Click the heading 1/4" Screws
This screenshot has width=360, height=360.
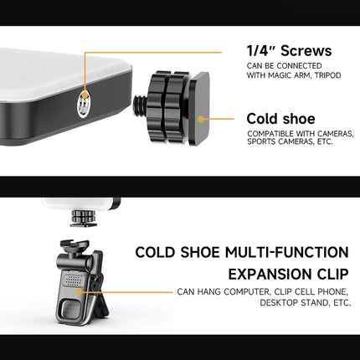tap(289, 51)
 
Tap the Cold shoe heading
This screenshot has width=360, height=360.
tap(280, 119)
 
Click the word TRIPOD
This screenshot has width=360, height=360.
tap(328, 75)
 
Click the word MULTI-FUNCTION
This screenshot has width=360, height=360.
tap(287, 252)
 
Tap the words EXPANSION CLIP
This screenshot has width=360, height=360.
tap(289, 274)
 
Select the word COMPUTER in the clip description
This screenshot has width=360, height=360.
tap(247, 292)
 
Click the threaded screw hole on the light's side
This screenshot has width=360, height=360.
tap(84, 104)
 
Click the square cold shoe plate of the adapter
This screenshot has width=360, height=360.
tap(199, 108)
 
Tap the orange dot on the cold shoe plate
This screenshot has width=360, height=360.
tap(200, 119)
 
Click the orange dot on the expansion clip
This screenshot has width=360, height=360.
tap(80, 292)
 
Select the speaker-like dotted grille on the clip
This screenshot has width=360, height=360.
tap(74, 280)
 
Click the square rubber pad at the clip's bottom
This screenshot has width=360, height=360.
tap(70, 310)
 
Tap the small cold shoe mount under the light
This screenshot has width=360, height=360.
tap(84, 218)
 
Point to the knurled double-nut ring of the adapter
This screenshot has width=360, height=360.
tap(166, 107)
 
